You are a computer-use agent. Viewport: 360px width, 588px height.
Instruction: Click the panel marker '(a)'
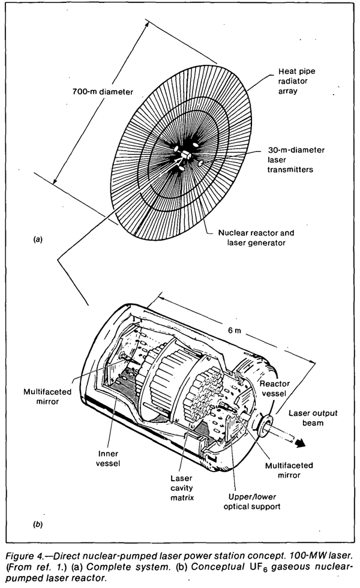38,239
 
